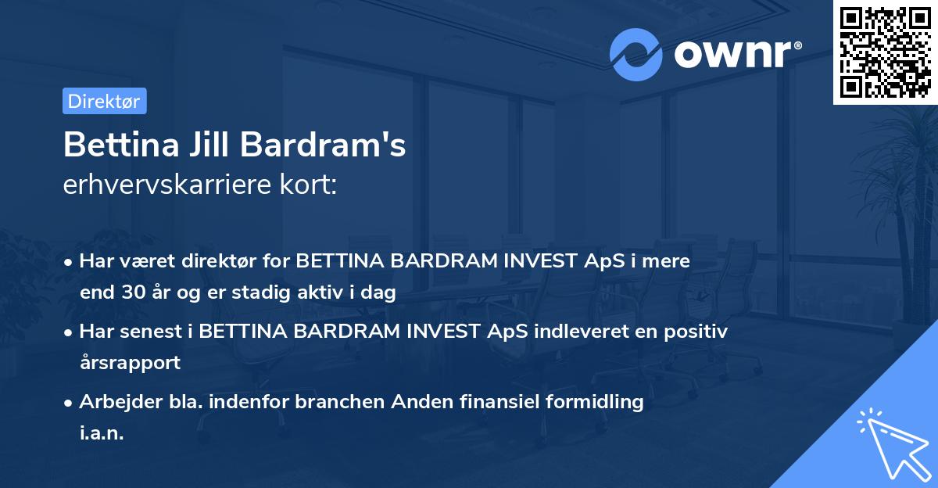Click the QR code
(885, 52)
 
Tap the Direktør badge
(104, 100)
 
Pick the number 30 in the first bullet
(129, 293)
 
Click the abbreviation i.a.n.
(102, 433)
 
